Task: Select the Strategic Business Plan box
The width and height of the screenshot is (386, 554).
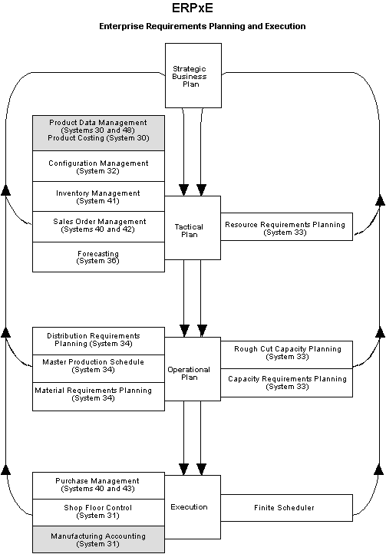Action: tap(193, 74)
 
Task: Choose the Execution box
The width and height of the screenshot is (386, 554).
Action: tap(190, 506)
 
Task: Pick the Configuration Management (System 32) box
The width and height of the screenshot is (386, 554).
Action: tap(98, 167)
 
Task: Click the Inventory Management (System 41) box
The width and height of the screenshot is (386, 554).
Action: tap(98, 196)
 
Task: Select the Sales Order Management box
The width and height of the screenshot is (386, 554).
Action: tap(98, 226)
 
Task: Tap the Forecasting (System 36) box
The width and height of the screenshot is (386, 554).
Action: tap(98, 256)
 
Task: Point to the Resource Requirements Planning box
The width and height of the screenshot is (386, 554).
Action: tap(286, 227)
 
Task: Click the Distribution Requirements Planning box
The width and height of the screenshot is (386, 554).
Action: tap(98, 339)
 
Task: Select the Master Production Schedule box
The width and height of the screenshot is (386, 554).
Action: tap(98, 365)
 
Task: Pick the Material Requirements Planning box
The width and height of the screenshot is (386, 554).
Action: tap(98, 394)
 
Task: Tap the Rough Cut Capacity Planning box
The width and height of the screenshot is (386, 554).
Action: tap(286, 352)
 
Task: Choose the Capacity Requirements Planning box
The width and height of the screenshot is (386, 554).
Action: tap(286, 382)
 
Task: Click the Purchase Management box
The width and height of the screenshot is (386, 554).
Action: tap(98, 485)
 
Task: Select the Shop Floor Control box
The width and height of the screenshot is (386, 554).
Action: tap(98, 512)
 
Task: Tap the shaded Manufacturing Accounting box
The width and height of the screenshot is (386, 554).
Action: tap(98, 539)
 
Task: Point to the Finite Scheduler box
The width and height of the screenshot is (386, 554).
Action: tap(286, 507)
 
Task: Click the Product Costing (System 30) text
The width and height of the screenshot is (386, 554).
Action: tap(98, 137)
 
